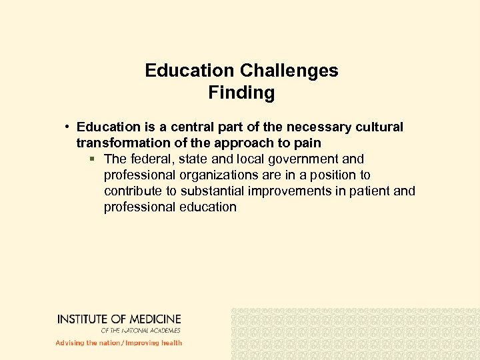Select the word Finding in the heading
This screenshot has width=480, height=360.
point(241,93)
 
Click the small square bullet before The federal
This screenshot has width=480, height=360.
point(93,159)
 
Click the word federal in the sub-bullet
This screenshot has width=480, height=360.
point(149,159)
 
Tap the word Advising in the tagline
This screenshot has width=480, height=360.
point(69,343)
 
